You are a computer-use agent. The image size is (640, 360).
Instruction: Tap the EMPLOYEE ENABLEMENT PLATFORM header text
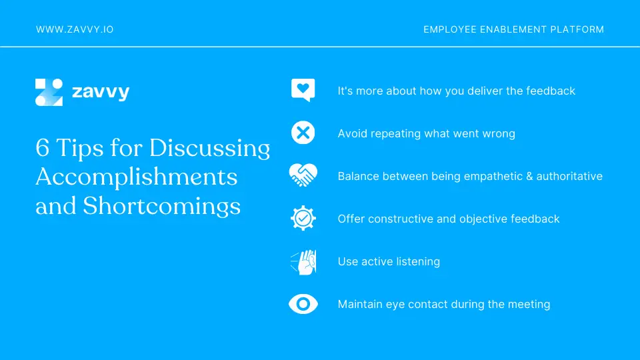[513, 30]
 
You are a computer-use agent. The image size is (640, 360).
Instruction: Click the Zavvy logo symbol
[49, 92]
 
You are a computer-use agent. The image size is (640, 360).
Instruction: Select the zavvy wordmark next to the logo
[100, 92]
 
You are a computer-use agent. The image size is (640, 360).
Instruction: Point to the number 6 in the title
[42, 147]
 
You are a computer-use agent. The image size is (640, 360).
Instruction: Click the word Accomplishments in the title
[136, 177]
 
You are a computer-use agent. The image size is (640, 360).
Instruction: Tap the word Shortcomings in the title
[161, 206]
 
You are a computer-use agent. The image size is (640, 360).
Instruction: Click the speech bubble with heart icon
[303, 90]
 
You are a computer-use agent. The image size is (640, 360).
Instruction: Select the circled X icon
[303, 133]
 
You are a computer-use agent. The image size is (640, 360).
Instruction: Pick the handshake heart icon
[303, 176]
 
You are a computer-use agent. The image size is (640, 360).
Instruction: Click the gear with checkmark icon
[303, 219]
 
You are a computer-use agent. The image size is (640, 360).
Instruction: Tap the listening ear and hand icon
[303, 261]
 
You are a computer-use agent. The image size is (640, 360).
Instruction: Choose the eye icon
[303, 304]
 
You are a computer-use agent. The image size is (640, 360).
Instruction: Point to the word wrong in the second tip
[499, 133]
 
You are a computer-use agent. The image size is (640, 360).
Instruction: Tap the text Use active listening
[389, 261]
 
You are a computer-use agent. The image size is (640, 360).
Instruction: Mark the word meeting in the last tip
[529, 304]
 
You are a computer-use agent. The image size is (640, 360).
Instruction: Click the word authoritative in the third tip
[570, 177]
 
